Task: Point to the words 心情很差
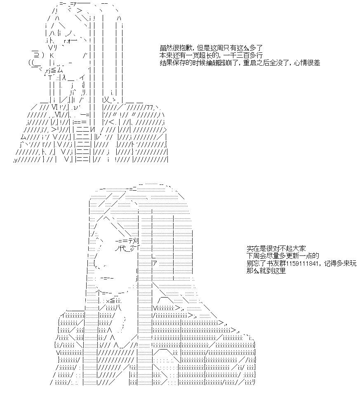click(307, 63)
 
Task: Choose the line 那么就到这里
click(266, 271)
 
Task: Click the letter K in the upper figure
click(52, 55)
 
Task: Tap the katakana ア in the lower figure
click(155, 263)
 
